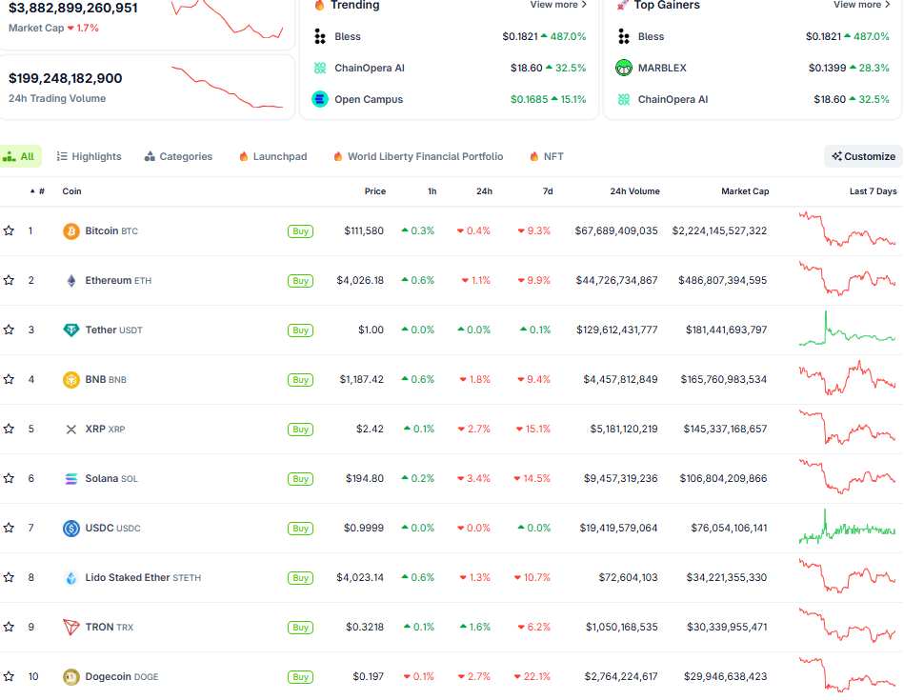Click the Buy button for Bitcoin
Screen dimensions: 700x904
300,231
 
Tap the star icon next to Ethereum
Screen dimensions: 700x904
9,281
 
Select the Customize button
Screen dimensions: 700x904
863,156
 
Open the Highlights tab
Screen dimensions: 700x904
89,156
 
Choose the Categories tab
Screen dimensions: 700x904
178,156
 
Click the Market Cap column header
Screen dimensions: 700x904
745,191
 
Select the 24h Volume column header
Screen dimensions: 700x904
634,191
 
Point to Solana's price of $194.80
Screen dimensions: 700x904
364,479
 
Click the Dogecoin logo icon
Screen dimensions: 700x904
70,677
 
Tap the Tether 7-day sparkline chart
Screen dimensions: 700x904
847,330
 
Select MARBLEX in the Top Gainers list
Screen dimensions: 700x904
662,68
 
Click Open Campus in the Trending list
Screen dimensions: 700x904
368,99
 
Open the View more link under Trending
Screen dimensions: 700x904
558,5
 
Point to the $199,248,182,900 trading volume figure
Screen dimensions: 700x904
66,78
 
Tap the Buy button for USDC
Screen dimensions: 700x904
300,529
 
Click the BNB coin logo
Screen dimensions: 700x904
70,380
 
